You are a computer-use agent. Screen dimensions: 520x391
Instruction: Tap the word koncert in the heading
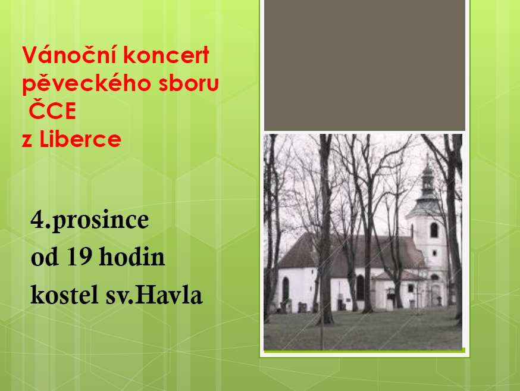[167, 55]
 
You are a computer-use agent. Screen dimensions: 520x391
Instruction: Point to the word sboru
[189, 83]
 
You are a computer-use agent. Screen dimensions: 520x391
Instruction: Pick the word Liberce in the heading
[80, 138]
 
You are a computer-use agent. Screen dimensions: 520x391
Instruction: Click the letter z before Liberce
[27, 140]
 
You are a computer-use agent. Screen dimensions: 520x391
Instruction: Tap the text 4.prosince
[89, 220]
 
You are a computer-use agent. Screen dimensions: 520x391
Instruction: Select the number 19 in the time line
[79, 256]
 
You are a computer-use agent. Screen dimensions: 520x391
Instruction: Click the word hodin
[131, 256]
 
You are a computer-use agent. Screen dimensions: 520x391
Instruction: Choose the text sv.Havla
[154, 295]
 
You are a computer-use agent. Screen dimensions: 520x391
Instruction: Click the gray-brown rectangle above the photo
[365, 65]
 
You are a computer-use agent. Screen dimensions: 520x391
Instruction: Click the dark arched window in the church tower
[434, 230]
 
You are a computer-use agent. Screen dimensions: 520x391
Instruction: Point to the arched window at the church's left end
[286, 289]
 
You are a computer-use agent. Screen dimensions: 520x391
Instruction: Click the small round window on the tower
[434, 254]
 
